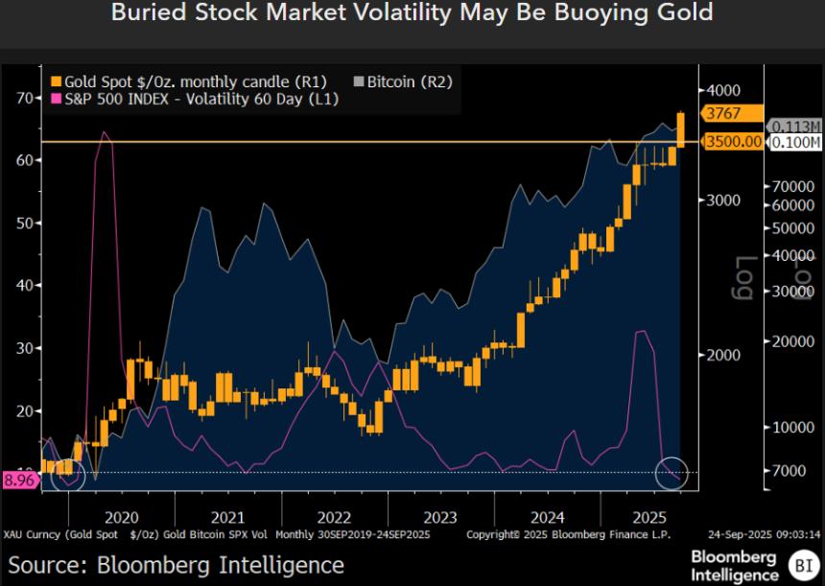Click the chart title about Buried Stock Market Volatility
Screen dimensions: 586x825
[412, 13]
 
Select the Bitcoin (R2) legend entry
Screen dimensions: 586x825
[403, 82]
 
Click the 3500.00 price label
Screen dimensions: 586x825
[733, 142]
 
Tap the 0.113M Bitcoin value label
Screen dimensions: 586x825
[797, 127]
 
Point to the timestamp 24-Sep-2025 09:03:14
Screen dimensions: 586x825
[766, 534]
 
